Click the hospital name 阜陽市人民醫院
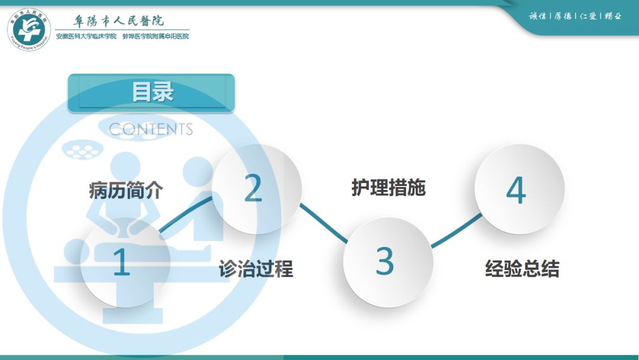[119, 21]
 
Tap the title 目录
[151, 92]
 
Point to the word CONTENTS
[151, 129]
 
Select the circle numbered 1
[122, 262]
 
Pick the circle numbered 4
[517, 189]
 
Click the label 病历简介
[125, 191]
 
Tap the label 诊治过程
[256, 269]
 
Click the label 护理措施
[388, 188]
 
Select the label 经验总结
[522, 269]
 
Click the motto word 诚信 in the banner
[537, 16]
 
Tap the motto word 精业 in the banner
[613, 16]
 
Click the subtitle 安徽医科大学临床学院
[86, 37]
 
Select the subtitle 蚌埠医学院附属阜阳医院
[156, 37]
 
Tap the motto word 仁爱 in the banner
[588, 16]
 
